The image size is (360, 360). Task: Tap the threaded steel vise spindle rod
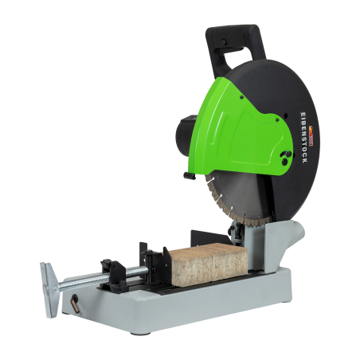pyautogui.click(x=96, y=279)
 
